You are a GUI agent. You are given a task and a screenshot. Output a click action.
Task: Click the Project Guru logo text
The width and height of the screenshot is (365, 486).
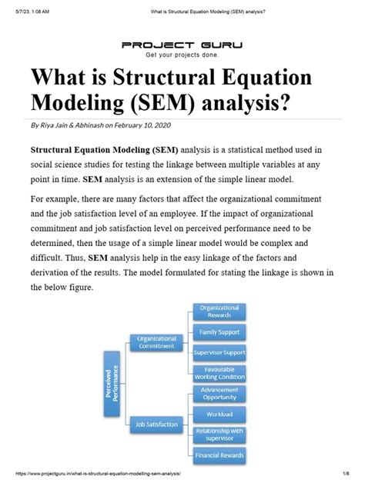[182, 45]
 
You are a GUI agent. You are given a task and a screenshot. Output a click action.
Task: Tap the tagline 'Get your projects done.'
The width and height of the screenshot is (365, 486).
[182, 55]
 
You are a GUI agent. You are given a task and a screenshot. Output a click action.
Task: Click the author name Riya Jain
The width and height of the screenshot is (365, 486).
[59, 125]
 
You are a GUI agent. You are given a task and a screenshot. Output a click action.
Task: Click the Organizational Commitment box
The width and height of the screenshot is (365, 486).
[156, 342]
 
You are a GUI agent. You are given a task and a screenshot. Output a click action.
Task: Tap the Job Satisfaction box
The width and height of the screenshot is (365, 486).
[156, 423]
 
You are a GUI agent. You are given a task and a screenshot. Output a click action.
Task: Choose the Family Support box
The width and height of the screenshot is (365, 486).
[219, 332]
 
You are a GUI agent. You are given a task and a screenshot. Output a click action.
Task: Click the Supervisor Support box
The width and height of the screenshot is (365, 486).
[219, 353]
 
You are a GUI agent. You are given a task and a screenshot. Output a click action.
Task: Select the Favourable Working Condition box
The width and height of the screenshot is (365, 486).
[219, 374]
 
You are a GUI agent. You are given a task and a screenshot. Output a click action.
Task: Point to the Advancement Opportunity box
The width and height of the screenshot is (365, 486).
[219, 394]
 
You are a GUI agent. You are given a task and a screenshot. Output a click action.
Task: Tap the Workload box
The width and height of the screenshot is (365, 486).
[219, 414]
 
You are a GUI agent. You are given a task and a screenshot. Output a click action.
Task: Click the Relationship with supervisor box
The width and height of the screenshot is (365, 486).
[219, 435]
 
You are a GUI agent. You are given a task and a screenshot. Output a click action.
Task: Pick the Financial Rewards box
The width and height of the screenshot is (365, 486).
[219, 455]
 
